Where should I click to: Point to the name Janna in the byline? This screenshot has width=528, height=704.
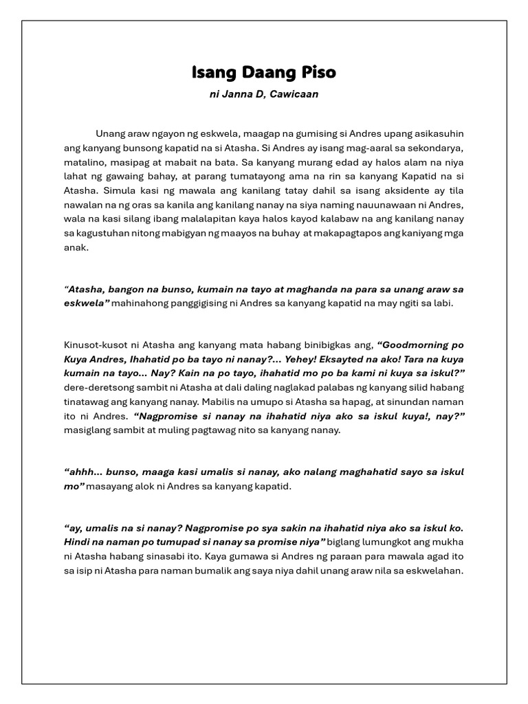(237, 94)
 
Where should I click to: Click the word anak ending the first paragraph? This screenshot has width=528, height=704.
(76, 249)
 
